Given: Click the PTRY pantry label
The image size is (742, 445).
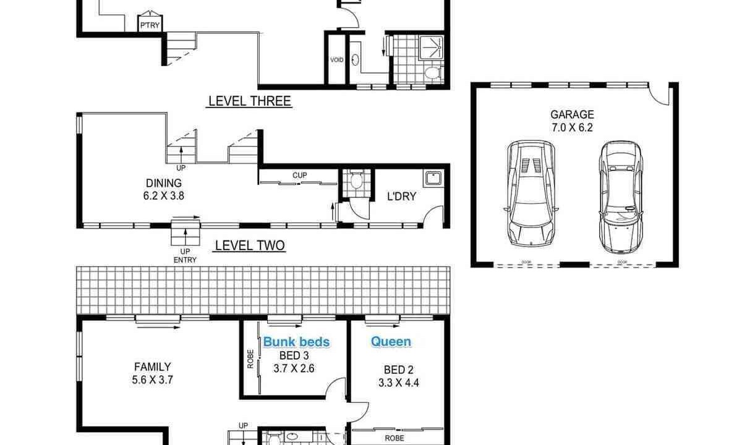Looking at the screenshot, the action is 150,25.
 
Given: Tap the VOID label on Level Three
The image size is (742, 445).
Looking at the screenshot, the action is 336,60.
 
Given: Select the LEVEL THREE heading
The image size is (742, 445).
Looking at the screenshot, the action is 250,101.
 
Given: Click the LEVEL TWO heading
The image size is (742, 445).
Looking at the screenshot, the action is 250,245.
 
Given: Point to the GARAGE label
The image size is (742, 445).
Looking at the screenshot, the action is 572,114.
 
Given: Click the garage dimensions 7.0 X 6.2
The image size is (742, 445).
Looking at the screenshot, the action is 572,127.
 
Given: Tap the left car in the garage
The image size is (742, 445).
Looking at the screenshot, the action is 531,194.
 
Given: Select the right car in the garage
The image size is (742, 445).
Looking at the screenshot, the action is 620,197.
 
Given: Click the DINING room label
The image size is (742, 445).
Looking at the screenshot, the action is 164,183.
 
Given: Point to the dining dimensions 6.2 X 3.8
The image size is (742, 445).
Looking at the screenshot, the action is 164,196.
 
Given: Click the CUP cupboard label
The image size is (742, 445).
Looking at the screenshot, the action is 299,175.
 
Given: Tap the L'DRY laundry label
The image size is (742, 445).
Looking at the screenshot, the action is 401,197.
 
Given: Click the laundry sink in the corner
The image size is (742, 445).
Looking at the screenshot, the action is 433,179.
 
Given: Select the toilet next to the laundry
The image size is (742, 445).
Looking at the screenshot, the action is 356,179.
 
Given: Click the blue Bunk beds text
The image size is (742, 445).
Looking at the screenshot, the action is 296,342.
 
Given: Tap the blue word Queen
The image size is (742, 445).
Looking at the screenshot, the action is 391,341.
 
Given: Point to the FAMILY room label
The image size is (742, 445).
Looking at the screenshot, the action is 152,367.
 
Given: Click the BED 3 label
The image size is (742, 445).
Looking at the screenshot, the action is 294,355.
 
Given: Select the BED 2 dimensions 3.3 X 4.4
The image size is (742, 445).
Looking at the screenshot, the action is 398,383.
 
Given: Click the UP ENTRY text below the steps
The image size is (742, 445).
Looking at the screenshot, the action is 185,256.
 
